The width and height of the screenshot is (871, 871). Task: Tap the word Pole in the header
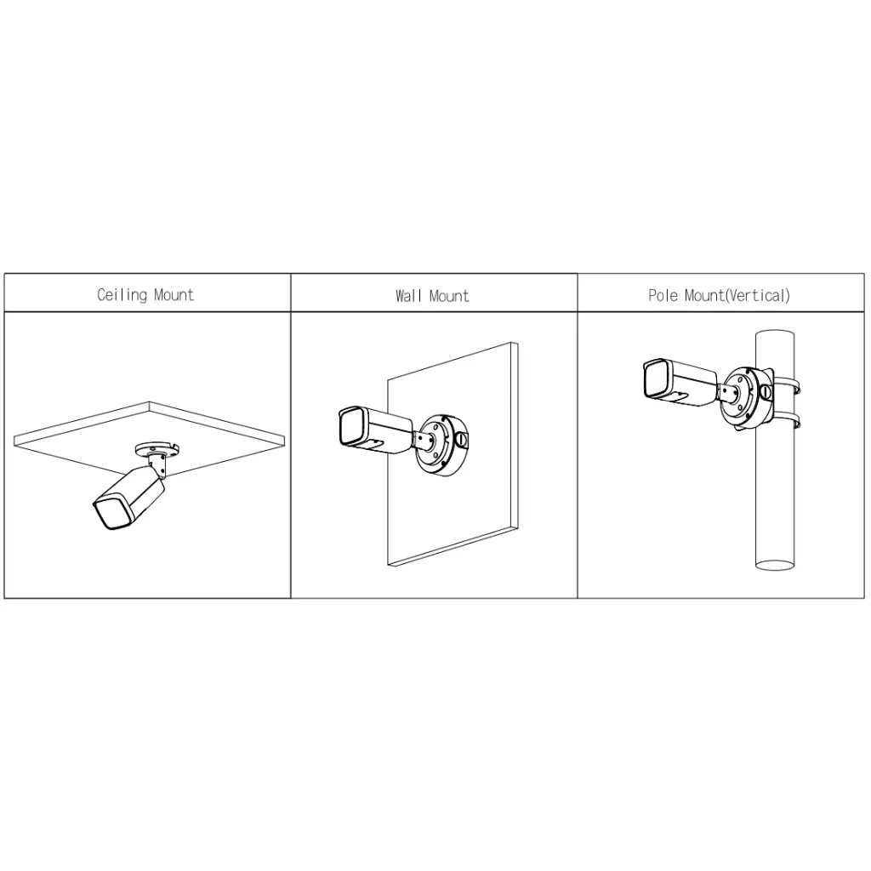[663, 296]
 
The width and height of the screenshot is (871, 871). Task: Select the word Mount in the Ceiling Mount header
[174, 295]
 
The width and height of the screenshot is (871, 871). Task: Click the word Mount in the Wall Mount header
[449, 296]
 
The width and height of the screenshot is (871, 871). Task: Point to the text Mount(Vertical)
[737, 296]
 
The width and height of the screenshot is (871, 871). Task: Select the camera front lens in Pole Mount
[652, 378]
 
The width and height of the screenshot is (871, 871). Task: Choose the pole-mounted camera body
[684, 379]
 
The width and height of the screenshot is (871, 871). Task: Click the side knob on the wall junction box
[462, 441]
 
